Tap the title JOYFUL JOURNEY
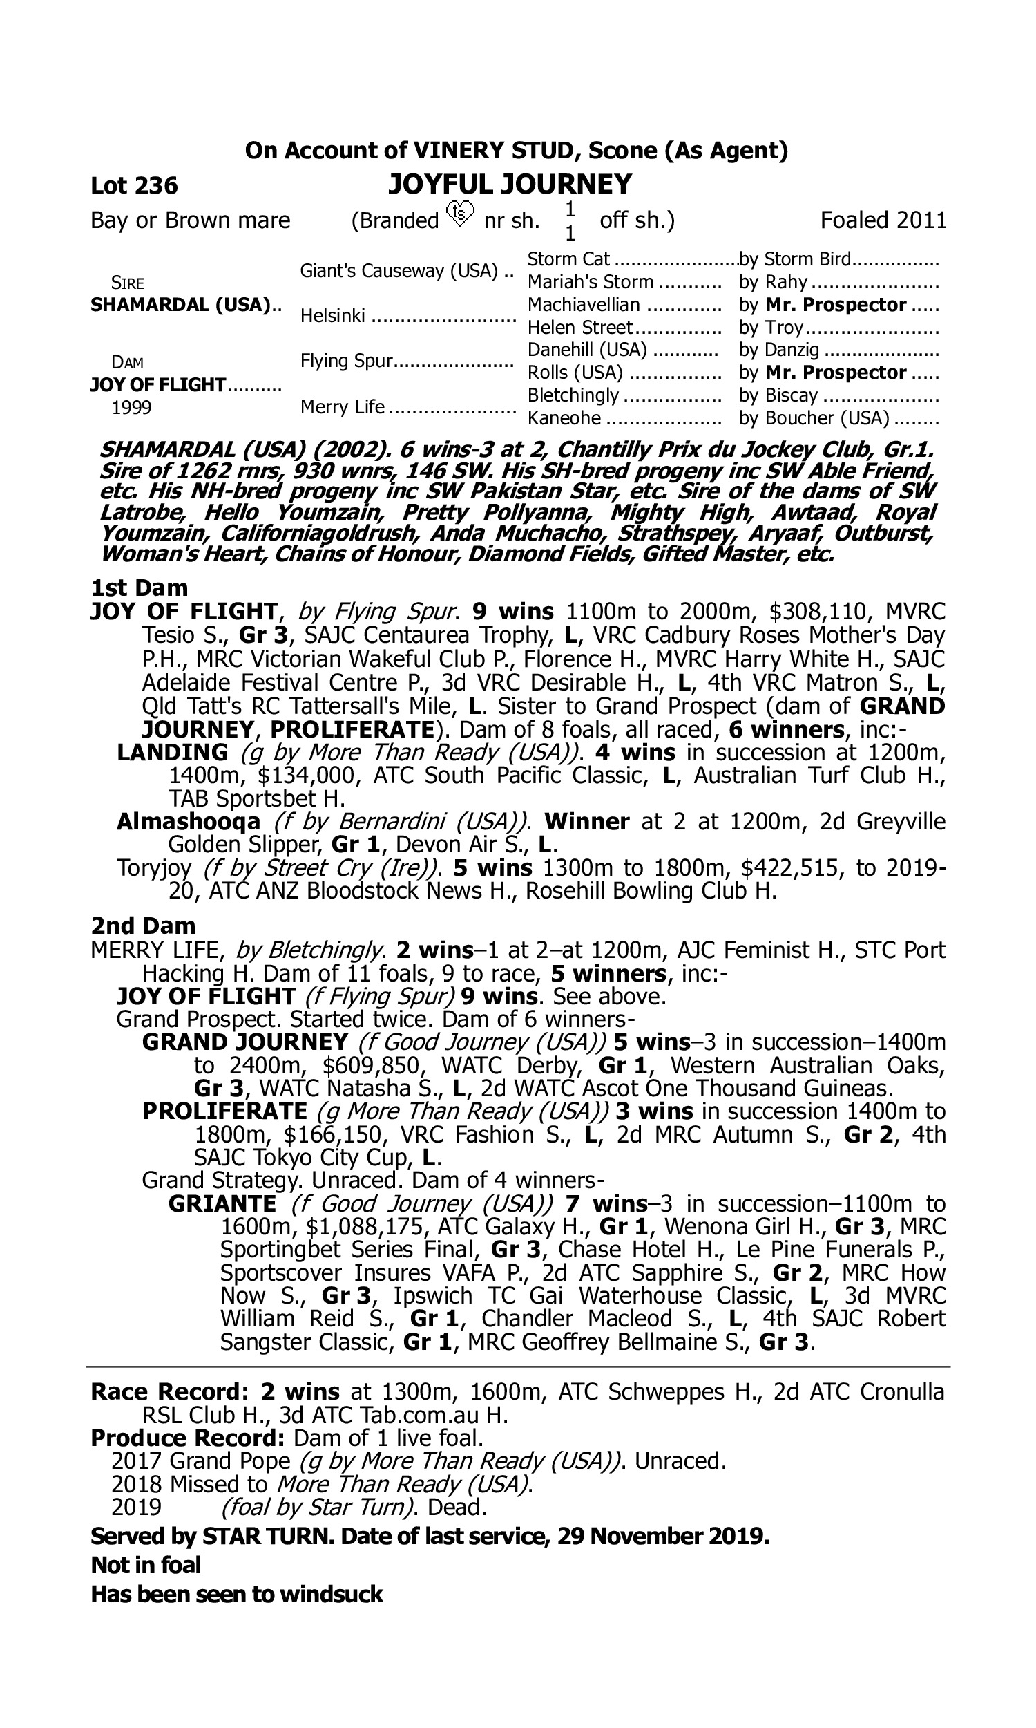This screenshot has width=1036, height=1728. (x=510, y=185)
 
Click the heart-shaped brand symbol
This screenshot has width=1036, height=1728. (x=460, y=212)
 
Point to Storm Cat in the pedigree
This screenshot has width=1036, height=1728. (x=568, y=260)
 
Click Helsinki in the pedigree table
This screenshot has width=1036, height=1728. (x=332, y=317)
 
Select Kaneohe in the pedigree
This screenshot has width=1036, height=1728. (x=564, y=418)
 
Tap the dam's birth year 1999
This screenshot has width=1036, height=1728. (x=131, y=408)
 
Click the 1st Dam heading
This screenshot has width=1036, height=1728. (x=140, y=588)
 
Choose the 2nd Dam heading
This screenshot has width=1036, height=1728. (x=143, y=926)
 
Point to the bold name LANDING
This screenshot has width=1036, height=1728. (x=173, y=753)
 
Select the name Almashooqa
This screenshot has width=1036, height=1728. (x=189, y=822)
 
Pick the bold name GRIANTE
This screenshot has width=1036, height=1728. (x=222, y=1204)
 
